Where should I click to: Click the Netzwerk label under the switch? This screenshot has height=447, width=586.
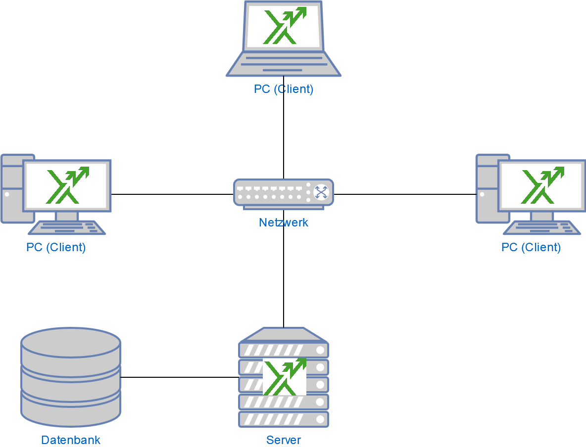[283, 223]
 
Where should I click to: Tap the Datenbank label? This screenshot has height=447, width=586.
[71, 440]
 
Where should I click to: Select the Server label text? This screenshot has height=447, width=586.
[284, 440]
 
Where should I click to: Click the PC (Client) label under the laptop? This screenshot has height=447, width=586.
[284, 89]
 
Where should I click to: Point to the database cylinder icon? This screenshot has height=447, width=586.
[71, 377]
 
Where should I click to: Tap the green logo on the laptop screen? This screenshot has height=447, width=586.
[284, 26]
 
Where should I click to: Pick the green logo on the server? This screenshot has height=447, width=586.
[284, 377]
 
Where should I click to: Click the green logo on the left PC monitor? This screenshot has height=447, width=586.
[67, 185]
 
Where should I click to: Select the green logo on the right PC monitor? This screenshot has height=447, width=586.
[542, 185]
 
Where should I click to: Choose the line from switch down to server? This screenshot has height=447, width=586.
[284, 277]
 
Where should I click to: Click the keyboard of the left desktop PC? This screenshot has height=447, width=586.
[67, 227]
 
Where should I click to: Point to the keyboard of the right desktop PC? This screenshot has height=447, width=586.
[542, 227]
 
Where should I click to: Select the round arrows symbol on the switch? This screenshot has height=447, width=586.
[321, 192]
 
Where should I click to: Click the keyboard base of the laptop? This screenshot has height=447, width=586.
[284, 64]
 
